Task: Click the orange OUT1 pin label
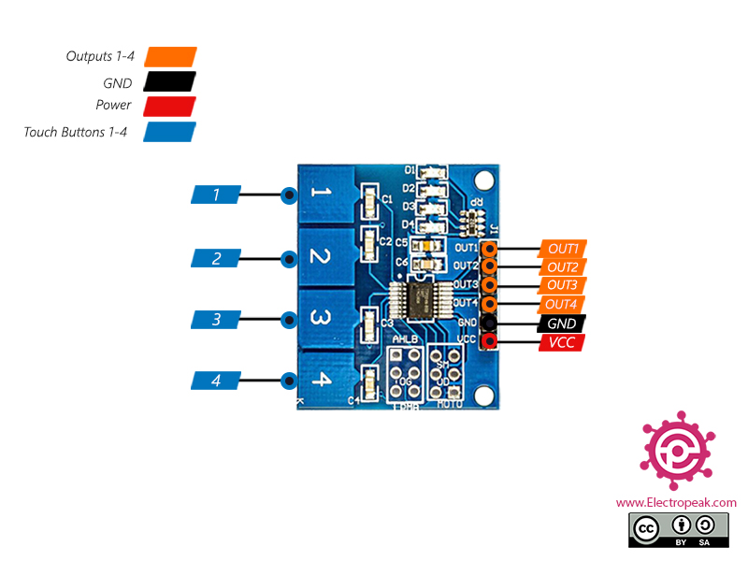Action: [x=563, y=249]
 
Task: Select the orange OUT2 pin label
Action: [x=563, y=267]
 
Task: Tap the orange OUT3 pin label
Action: [x=563, y=285]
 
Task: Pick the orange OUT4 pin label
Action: [x=563, y=305]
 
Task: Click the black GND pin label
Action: [x=563, y=324]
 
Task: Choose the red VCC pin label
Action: [x=563, y=343]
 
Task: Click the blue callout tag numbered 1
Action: [x=216, y=194]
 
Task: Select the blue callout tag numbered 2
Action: [x=216, y=258]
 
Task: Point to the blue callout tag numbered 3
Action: [x=216, y=320]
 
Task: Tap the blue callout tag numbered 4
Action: [x=216, y=381]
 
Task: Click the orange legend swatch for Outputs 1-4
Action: [x=170, y=57]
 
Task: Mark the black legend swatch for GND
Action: [x=170, y=82]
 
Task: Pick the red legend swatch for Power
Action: [x=170, y=106]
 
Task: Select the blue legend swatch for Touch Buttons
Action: [x=170, y=132]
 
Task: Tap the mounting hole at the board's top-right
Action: [x=482, y=180]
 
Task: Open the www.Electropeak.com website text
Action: [x=676, y=502]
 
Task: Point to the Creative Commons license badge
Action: [x=676, y=529]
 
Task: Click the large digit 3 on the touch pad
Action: [x=320, y=319]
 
